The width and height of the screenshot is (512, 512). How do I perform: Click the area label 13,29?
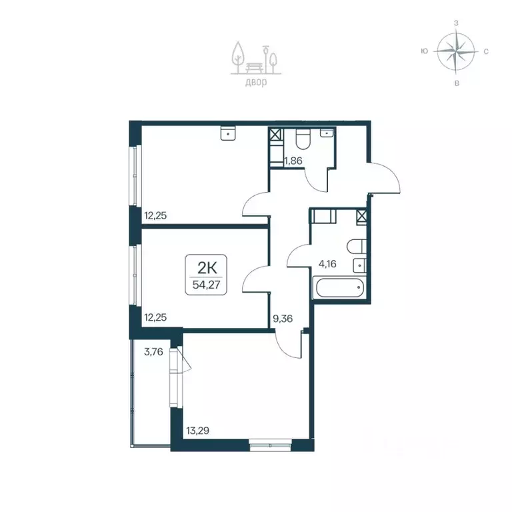(197, 431)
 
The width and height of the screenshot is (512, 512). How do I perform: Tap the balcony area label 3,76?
(153, 352)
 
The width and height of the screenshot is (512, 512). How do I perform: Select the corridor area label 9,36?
(283, 319)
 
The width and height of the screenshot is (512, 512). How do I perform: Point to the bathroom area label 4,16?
(327, 263)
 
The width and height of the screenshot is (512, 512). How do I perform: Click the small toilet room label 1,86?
(293, 161)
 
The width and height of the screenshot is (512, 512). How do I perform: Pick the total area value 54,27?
(207, 285)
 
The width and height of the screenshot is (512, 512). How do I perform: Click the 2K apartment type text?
(207, 269)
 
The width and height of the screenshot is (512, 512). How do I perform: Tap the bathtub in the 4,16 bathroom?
(338, 287)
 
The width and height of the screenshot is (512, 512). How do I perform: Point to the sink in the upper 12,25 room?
(228, 133)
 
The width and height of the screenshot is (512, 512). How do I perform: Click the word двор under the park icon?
(256, 82)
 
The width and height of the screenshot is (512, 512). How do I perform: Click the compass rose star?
(455, 51)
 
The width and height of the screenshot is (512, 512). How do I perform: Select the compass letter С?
(486, 51)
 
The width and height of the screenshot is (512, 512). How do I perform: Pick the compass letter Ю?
(425, 51)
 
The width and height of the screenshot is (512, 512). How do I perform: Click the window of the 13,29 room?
(271, 445)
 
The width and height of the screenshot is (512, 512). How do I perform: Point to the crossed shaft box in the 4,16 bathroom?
(361, 216)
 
